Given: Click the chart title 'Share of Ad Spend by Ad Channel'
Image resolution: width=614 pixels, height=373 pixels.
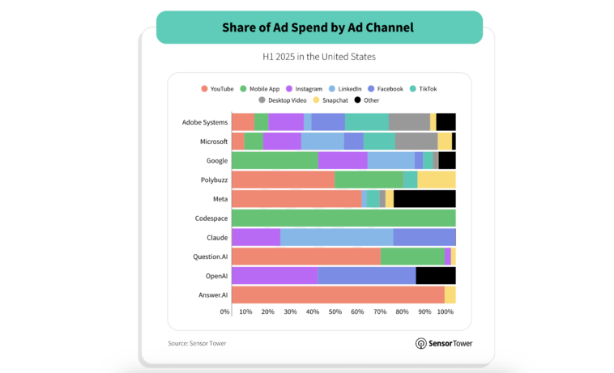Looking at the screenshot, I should coord(318,28).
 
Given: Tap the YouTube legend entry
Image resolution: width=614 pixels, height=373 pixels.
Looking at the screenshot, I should coord(217,88).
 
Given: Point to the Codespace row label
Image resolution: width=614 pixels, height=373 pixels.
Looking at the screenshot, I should coord(211,218).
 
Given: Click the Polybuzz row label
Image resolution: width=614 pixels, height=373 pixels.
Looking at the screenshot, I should coord(214,180).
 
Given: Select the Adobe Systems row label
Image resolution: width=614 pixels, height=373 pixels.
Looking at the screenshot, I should coord(205,122).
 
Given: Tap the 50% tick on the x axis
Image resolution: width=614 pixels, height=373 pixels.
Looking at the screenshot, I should coord(335,312).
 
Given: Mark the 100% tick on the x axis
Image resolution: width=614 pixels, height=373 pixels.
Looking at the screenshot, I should coord(446,312).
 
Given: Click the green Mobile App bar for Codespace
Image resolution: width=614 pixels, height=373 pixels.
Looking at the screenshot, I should coord(343,218).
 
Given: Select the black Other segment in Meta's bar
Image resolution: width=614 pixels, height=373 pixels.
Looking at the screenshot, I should coord(424,199).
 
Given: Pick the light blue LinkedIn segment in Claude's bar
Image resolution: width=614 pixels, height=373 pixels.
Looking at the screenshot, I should coord(336,237).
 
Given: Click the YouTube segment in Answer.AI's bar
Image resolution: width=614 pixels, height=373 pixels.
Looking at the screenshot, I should coord(338,295).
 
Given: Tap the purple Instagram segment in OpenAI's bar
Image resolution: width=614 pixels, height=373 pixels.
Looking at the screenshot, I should coord(275,276).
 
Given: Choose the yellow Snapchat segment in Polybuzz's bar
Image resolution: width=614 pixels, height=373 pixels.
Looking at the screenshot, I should coord(436,180).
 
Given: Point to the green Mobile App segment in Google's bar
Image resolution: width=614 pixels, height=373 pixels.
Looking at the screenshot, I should coord(275,160).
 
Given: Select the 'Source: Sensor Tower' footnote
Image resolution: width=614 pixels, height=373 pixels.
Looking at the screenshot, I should coord(197,343).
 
